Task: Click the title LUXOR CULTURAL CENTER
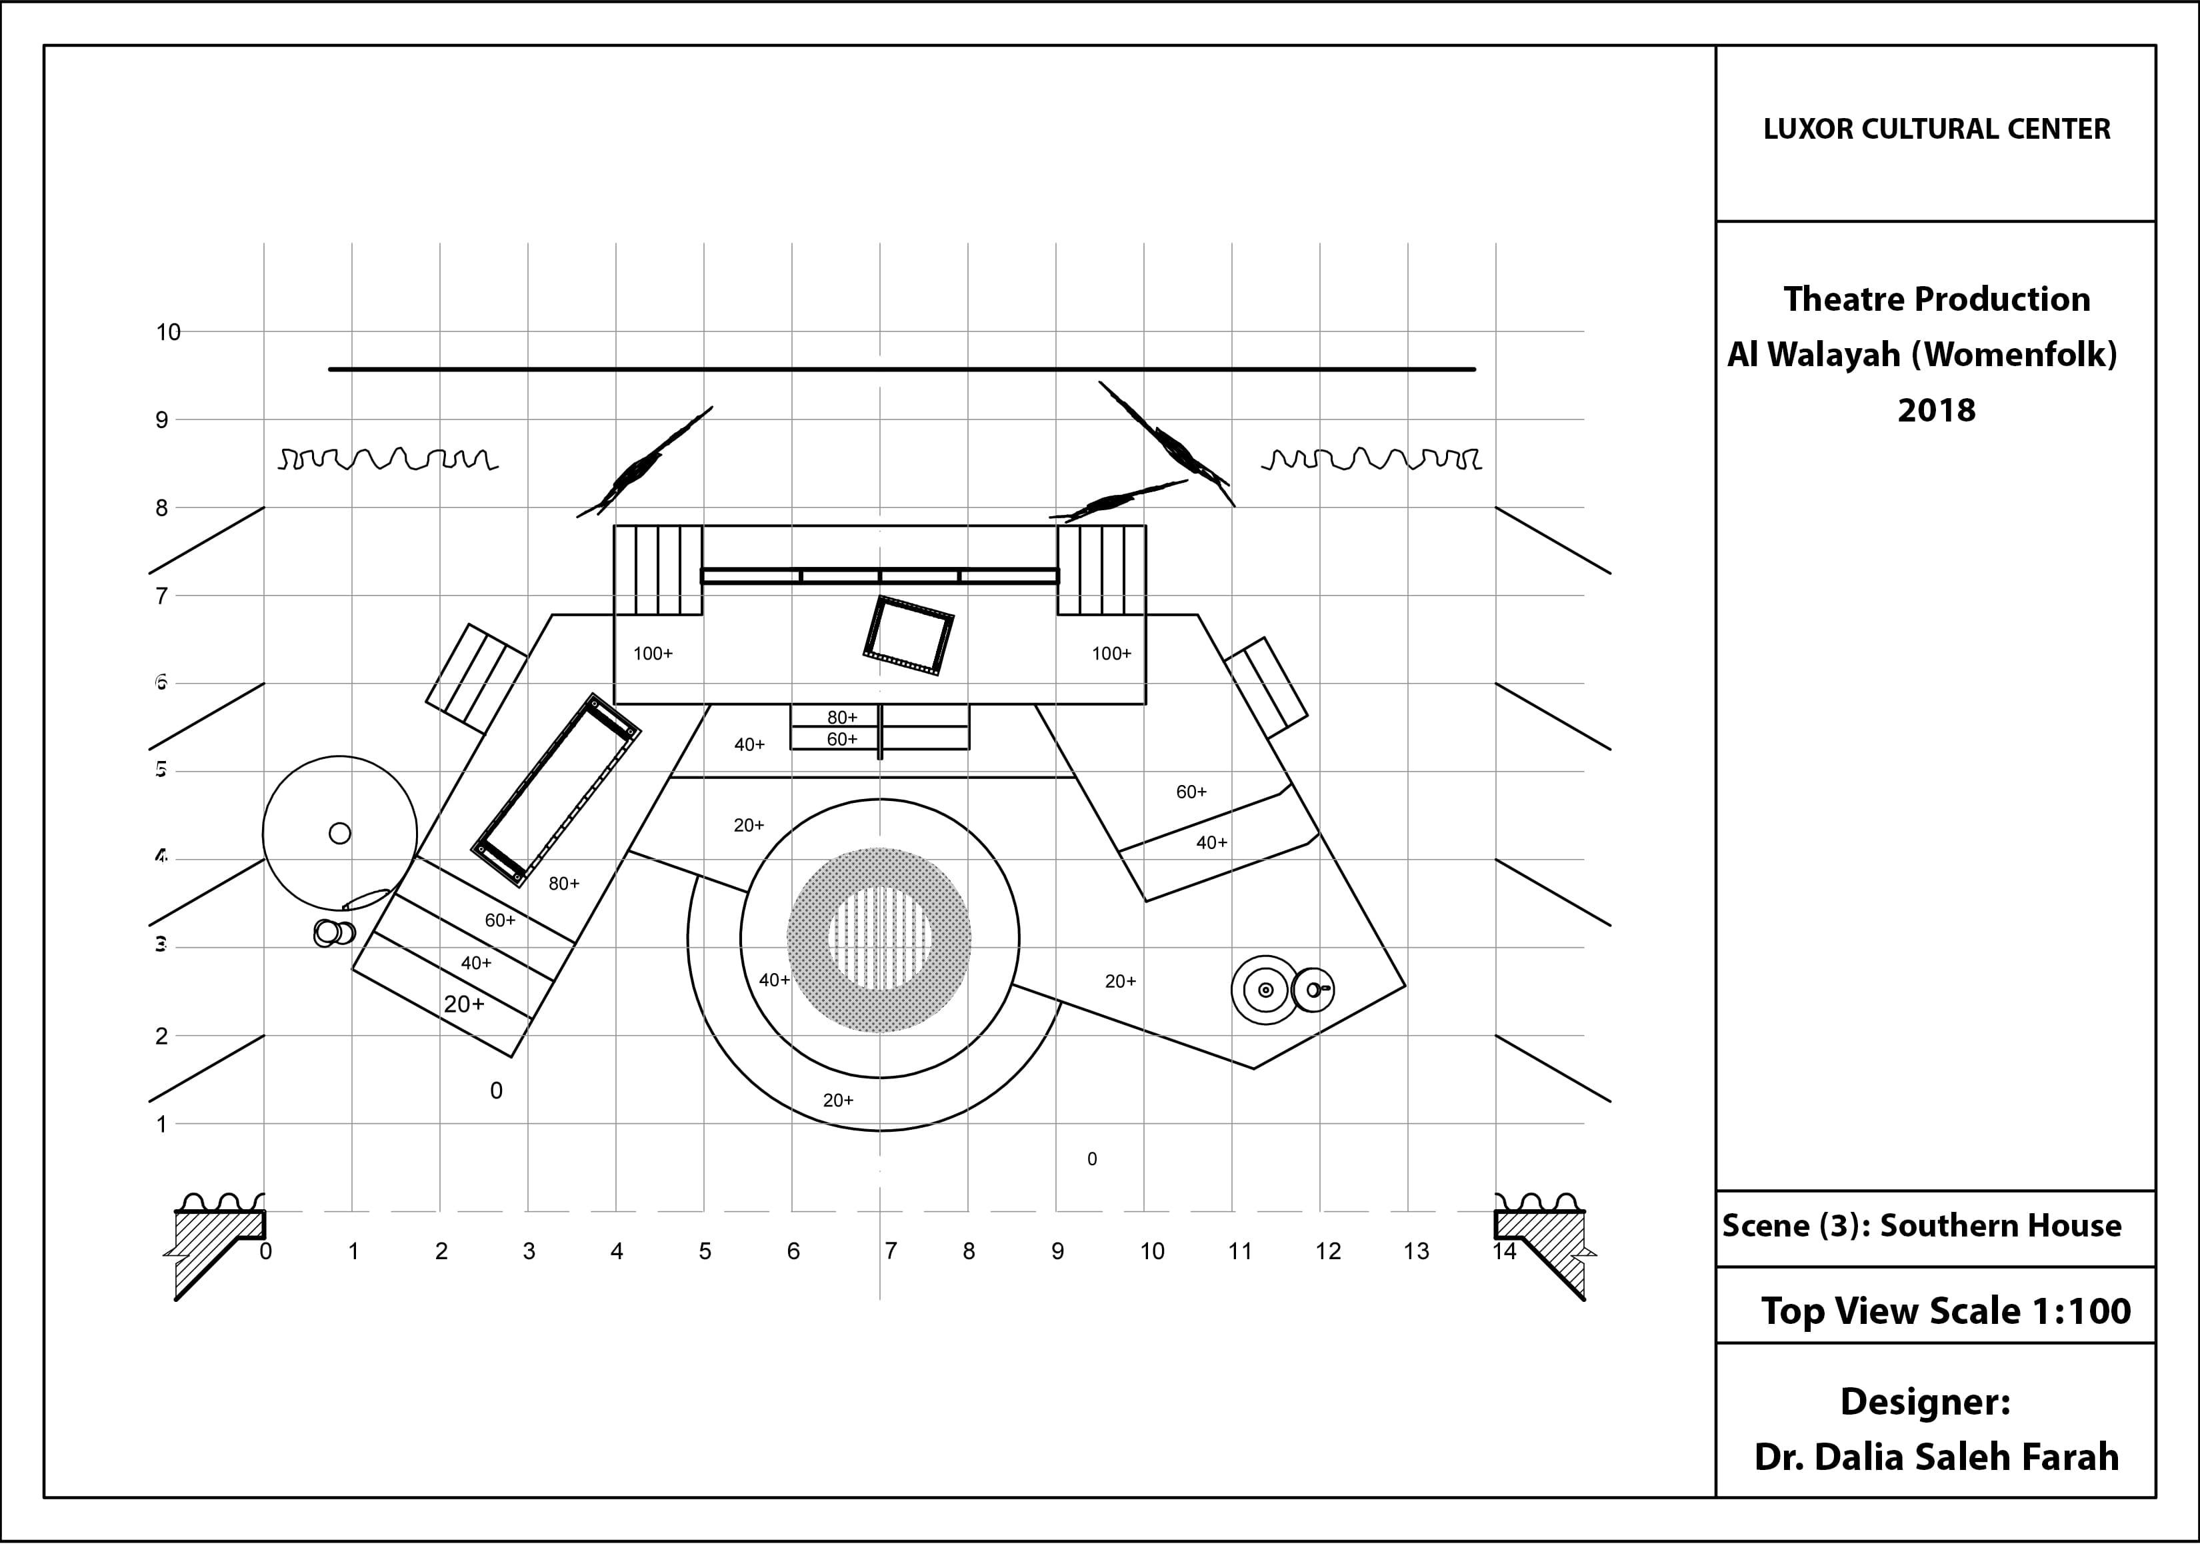1937,129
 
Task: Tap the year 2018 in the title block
1937,410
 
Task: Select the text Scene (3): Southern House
1921,1226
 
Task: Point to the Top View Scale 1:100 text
1945,1311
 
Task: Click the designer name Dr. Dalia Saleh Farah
1937,1457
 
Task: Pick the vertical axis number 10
169,333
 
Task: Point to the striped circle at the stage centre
879,939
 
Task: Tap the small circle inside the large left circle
340,833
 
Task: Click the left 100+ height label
653,654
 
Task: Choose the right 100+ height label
1111,654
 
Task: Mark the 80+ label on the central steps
842,718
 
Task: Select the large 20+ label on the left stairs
464,1004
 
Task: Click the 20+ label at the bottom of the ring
839,1100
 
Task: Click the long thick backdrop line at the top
901,369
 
